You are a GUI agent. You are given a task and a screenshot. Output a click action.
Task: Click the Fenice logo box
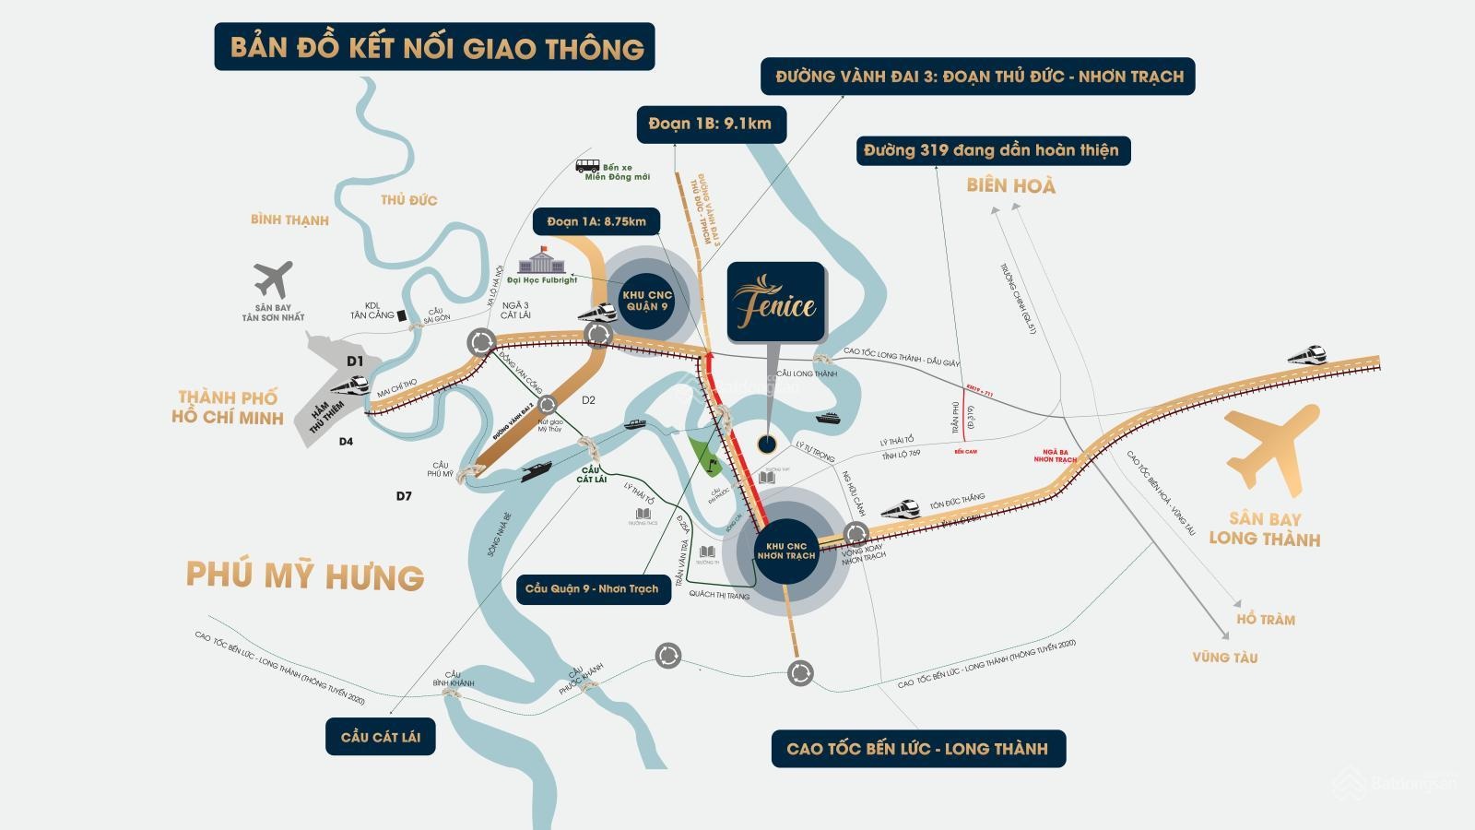[776, 302]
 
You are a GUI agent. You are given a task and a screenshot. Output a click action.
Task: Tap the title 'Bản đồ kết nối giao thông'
[435, 47]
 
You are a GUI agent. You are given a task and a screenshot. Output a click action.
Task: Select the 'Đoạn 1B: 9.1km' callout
[711, 124]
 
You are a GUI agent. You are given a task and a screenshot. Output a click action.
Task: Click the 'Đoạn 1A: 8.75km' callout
[596, 221]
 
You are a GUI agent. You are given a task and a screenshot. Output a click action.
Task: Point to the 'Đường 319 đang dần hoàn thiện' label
[992, 150]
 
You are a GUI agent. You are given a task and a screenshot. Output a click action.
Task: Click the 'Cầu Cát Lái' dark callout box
[380, 737]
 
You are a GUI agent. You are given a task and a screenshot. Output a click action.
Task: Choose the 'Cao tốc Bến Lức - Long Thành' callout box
[917, 749]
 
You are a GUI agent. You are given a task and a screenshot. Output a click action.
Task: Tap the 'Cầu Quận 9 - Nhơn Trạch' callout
[593, 588]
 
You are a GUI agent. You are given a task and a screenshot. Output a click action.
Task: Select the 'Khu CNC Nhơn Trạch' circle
[785, 551]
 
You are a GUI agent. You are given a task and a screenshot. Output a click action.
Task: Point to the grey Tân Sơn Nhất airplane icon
[273, 279]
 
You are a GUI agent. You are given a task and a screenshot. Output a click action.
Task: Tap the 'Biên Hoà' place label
[1010, 185]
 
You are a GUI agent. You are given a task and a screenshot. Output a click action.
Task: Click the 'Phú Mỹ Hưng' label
[305, 575]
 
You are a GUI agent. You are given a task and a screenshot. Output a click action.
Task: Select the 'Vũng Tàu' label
[1224, 658]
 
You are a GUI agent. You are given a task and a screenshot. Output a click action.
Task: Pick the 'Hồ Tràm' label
[1266, 620]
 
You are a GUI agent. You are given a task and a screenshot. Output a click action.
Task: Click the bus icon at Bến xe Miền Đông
[587, 166]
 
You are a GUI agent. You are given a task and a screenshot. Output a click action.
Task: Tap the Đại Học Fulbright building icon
[542, 260]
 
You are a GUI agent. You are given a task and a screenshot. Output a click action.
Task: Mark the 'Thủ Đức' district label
[408, 200]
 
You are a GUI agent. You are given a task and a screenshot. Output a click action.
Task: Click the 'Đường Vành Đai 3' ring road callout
[978, 77]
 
